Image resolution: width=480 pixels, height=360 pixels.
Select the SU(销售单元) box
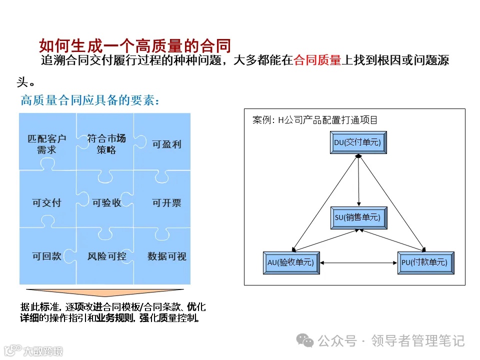coord(358,218)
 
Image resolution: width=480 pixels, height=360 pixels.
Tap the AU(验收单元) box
coord(291,263)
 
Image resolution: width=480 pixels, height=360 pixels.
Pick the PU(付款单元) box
coord(425,263)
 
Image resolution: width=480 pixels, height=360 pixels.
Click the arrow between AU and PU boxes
coord(358,263)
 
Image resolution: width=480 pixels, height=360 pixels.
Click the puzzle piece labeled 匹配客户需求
coord(46,144)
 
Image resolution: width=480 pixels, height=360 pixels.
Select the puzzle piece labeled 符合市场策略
coord(106,144)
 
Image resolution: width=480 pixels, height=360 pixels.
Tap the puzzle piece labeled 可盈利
coord(166,144)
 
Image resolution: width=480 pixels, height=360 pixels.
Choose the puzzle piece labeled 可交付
coord(46,202)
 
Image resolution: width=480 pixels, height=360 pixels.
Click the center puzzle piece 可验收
coord(106,202)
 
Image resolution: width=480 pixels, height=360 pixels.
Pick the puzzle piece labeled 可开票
coord(166,202)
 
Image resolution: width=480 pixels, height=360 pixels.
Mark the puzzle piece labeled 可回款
coord(46,256)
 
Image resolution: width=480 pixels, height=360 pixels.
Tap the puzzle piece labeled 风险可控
coord(106,256)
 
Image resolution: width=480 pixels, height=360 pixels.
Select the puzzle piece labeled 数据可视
coord(166,256)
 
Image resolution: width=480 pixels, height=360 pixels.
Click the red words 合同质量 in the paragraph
coord(317,61)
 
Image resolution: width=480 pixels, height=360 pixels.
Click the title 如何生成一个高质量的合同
coord(135,46)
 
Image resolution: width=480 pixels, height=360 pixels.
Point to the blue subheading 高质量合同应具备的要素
coord(90,100)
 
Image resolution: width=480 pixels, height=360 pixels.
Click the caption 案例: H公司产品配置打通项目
coord(315,120)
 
